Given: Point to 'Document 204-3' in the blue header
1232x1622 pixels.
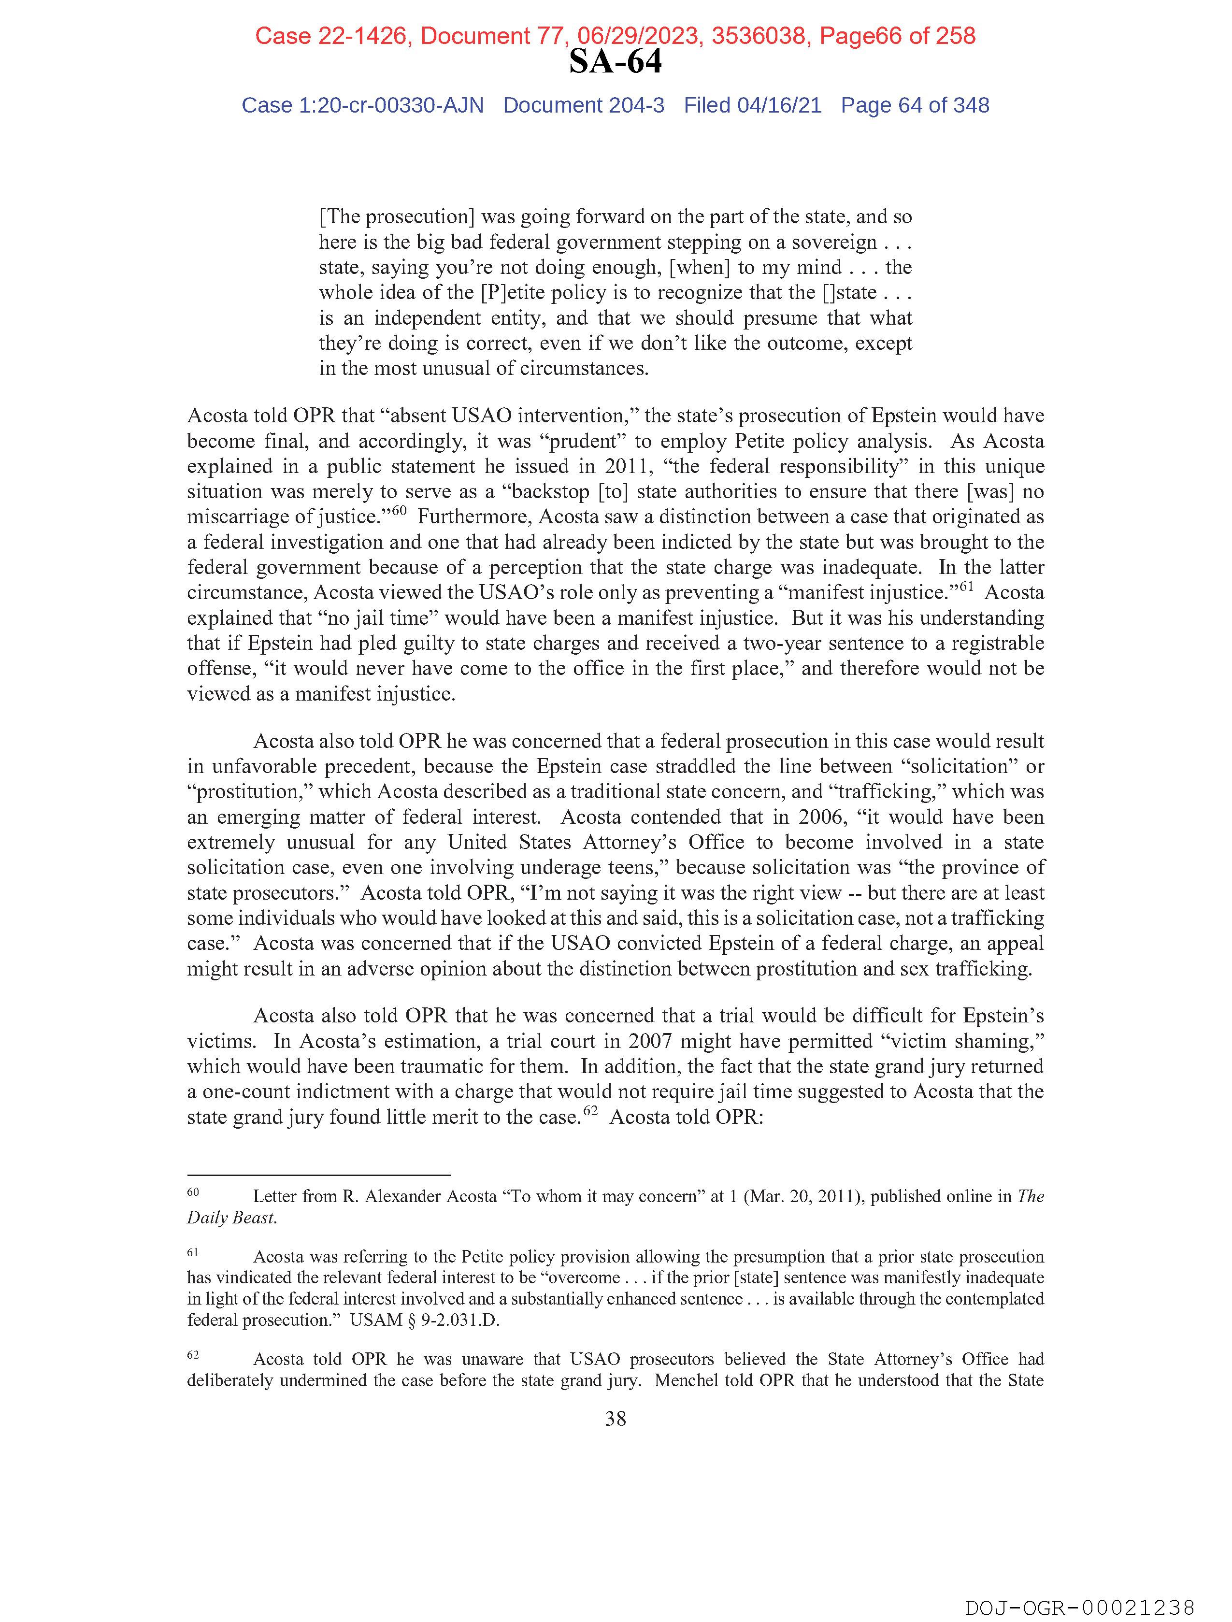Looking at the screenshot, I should (584, 106).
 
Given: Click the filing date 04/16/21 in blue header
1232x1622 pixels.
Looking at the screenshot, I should (779, 106).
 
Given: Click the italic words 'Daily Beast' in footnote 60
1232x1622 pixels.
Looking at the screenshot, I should (231, 1218).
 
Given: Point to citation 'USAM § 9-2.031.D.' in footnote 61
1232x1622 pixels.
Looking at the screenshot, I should (425, 1320).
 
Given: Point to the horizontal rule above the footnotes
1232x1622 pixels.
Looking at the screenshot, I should (318, 1175).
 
